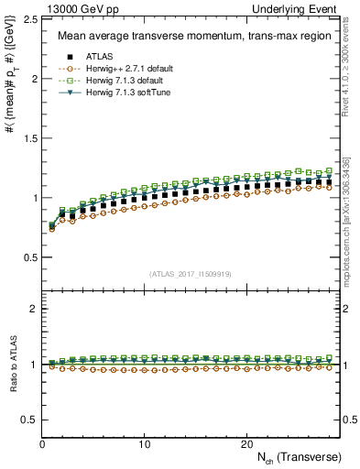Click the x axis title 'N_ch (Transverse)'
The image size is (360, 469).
(297, 456)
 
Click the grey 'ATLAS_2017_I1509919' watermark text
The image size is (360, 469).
(191, 273)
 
